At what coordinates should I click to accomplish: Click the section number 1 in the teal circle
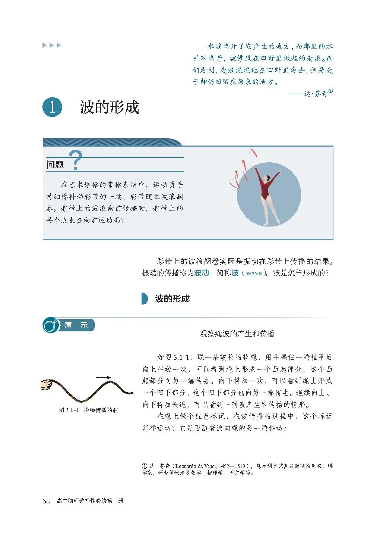[x=52, y=107]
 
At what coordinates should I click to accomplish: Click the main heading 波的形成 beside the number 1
[x=109, y=107]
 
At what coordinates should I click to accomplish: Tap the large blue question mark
[x=76, y=160]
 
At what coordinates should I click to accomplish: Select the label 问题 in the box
[x=55, y=165]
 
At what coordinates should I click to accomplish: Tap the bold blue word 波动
[x=201, y=273]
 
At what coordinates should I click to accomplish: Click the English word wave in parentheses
[x=254, y=273]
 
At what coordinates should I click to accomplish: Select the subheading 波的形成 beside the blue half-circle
[x=172, y=299]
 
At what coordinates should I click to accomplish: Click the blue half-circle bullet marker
[x=145, y=299]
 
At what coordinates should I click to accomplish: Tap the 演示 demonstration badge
[x=75, y=325]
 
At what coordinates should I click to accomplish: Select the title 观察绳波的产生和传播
[x=237, y=334]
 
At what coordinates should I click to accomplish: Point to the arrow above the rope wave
[x=103, y=378]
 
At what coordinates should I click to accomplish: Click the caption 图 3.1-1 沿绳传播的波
[x=88, y=410]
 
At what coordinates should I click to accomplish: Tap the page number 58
[x=46, y=501]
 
